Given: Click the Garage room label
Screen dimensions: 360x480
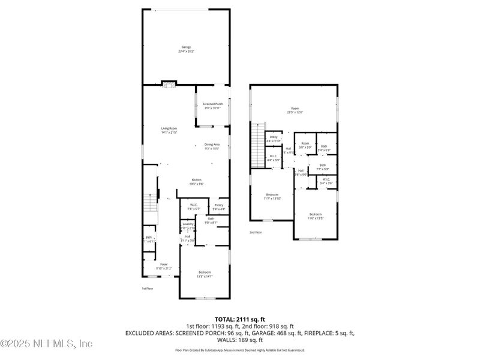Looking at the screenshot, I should (186, 49).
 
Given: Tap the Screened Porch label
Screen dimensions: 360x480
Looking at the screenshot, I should (212, 106).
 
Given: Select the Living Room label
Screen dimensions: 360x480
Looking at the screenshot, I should (169, 130).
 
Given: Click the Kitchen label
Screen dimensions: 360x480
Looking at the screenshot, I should (196, 182).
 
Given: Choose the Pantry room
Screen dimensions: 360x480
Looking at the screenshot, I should (219, 207).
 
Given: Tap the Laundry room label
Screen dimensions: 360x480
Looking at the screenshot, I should (188, 226).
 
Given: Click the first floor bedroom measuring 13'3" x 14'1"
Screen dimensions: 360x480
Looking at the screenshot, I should (204, 274).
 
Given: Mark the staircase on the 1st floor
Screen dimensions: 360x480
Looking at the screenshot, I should (150, 207).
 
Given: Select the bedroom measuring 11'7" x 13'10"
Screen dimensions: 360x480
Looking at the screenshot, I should (272, 197).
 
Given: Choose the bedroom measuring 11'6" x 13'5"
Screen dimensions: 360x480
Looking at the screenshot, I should (316, 216).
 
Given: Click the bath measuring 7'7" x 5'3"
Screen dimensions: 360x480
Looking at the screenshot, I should (322, 167).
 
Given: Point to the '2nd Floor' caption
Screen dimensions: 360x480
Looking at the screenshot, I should (256, 232).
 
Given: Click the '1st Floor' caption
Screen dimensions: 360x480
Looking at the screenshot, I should (148, 289).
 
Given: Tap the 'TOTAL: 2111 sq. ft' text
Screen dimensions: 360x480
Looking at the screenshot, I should (240, 319).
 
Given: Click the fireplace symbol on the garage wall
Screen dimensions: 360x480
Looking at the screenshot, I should (169, 84).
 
